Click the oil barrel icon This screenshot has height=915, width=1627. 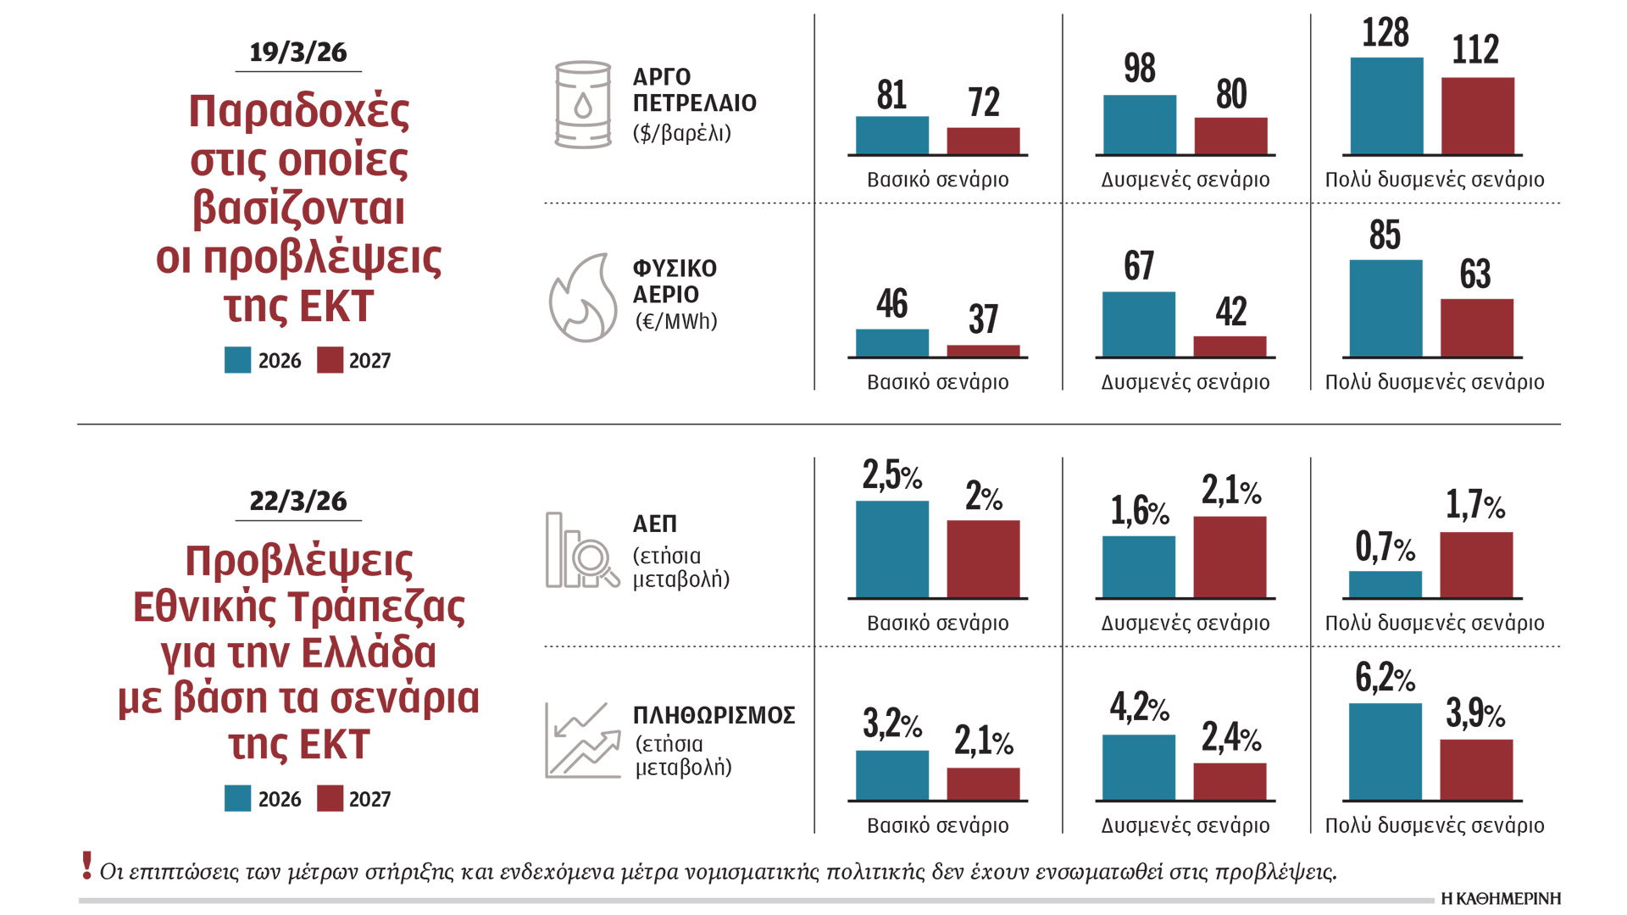[582, 104]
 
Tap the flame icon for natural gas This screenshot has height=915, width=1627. [583, 299]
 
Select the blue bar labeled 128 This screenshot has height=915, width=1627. [1386, 106]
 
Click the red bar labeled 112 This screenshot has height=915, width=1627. [1477, 116]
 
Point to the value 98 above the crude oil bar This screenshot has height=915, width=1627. [1140, 69]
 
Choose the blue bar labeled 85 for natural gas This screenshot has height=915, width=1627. [1385, 308]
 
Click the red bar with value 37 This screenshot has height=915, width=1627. [983, 351]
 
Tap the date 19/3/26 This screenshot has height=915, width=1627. [298, 53]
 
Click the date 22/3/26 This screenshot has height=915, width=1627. [298, 501]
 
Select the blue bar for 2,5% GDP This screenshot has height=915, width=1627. [892, 550]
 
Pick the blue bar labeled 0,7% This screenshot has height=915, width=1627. [1385, 585]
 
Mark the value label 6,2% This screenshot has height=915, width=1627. [1385, 678]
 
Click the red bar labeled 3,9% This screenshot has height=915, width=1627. [1476, 769]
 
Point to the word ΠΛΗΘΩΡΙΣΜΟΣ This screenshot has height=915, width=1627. [714, 716]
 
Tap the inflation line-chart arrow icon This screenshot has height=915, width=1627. [583, 740]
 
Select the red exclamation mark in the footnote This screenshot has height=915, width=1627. [86, 866]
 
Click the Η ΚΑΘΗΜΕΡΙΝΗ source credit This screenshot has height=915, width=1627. [1500, 899]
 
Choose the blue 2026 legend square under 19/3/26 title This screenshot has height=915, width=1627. [237, 360]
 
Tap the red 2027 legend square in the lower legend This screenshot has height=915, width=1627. [330, 799]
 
